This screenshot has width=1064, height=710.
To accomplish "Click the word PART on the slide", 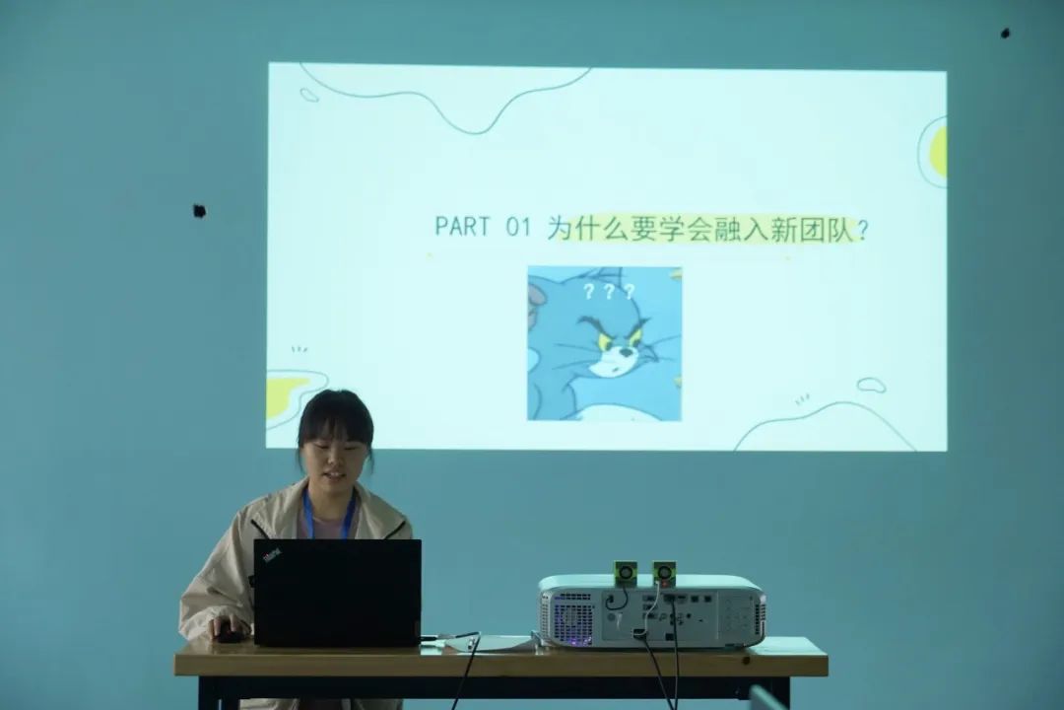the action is pyautogui.click(x=461, y=226).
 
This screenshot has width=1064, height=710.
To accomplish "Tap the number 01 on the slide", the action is pyautogui.click(x=518, y=227).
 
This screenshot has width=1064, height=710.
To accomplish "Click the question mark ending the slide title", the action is pyautogui.click(x=862, y=231).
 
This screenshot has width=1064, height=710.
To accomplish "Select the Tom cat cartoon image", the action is pyautogui.click(x=605, y=344).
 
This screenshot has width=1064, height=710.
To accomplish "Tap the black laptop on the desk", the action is pyautogui.click(x=337, y=593).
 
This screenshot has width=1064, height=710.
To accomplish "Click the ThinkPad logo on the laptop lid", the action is pyautogui.click(x=273, y=556).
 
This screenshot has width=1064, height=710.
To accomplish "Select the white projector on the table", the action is pyautogui.click(x=652, y=610).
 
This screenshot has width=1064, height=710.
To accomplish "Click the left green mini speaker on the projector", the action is pyautogui.click(x=626, y=573).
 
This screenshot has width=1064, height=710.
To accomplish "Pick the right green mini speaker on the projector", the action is pyautogui.click(x=664, y=574).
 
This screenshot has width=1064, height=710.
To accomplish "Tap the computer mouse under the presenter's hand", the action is pyautogui.click(x=229, y=636).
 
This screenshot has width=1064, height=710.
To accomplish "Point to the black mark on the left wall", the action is pyautogui.click(x=199, y=211).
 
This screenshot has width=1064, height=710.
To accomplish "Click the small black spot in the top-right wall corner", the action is pyautogui.click(x=1005, y=33).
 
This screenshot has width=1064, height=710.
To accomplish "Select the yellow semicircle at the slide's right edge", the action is pyautogui.click(x=939, y=152).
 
